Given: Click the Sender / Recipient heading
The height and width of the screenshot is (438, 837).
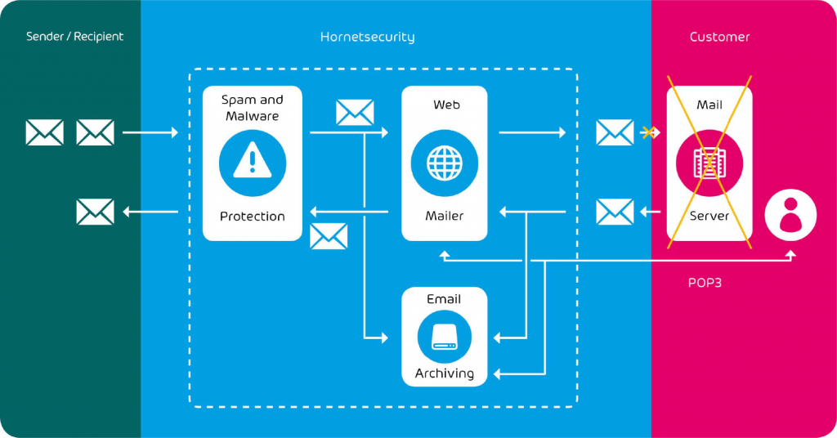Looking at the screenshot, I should pos(74,37).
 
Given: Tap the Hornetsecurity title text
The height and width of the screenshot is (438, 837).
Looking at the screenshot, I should pos(367,37).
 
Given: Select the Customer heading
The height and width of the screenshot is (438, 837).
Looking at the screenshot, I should pos(719,37).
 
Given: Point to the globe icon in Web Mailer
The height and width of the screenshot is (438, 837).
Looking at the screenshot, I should pos(445,163).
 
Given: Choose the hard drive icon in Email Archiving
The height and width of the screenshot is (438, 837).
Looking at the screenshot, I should pos(445,336).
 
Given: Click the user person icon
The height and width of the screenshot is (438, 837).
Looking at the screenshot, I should pos(790,215).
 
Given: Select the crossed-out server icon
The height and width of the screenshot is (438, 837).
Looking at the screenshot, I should pos(709,163).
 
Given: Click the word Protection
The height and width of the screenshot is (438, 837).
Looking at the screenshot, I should pos(253,217).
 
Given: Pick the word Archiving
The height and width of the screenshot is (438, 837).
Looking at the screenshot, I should pos(445,373).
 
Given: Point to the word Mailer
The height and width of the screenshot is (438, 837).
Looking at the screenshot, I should pos(445,217).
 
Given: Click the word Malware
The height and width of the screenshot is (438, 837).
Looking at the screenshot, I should pos(253,116).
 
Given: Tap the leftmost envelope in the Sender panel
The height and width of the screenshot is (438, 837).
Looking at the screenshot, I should pos(44,132).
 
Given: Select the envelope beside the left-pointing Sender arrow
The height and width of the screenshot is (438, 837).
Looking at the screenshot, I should pos(95,212).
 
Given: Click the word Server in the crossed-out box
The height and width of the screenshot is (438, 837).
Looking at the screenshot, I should pos(709,217).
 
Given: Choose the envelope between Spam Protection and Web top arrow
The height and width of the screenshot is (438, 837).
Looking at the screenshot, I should pos(355,113).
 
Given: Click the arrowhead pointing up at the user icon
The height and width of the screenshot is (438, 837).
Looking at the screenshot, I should pos(790,254).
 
